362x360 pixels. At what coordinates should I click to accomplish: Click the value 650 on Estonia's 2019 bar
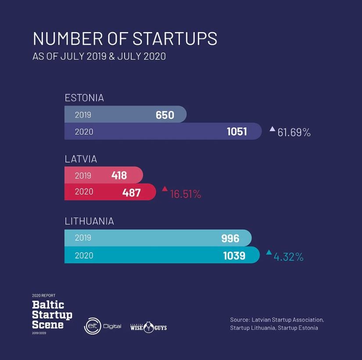[x=165, y=115]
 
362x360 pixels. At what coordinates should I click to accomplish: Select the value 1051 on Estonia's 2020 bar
[x=237, y=132]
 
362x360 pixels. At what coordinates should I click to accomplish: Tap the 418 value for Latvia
[x=119, y=176]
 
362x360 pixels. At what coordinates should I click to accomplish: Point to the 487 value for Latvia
[x=132, y=192]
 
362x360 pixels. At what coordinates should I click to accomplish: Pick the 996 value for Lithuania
[x=230, y=238]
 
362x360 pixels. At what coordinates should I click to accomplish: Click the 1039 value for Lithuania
[x=234, y=255]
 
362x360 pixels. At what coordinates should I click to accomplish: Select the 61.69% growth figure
[x=294, y=132]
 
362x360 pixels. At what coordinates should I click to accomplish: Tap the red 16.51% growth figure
[x=185, y=194]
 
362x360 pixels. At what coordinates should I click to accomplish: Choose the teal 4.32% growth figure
[x=288, y=257]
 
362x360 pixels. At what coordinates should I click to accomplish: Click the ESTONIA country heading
[x=84, y=98]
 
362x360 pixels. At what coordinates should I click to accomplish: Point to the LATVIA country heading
[x=81, y=159]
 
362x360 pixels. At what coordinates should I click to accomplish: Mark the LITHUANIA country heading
[x=89, y=221]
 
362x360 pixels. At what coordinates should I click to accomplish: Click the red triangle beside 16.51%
[x=165, y=189]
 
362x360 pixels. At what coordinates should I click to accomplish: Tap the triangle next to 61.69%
[x=272, y=129]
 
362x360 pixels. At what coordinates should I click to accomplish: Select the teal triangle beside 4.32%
[x=269, y=252]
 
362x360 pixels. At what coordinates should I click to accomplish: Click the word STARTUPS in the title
[x=175, y=39]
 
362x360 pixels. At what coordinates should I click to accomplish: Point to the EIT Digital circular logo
[x=92, y=327]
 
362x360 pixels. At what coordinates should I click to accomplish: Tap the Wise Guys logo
[x=148, y=327]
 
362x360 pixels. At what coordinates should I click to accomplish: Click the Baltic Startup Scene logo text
[x=52, y=314]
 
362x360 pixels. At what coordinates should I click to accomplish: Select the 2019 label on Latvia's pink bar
[x=83, y=176]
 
